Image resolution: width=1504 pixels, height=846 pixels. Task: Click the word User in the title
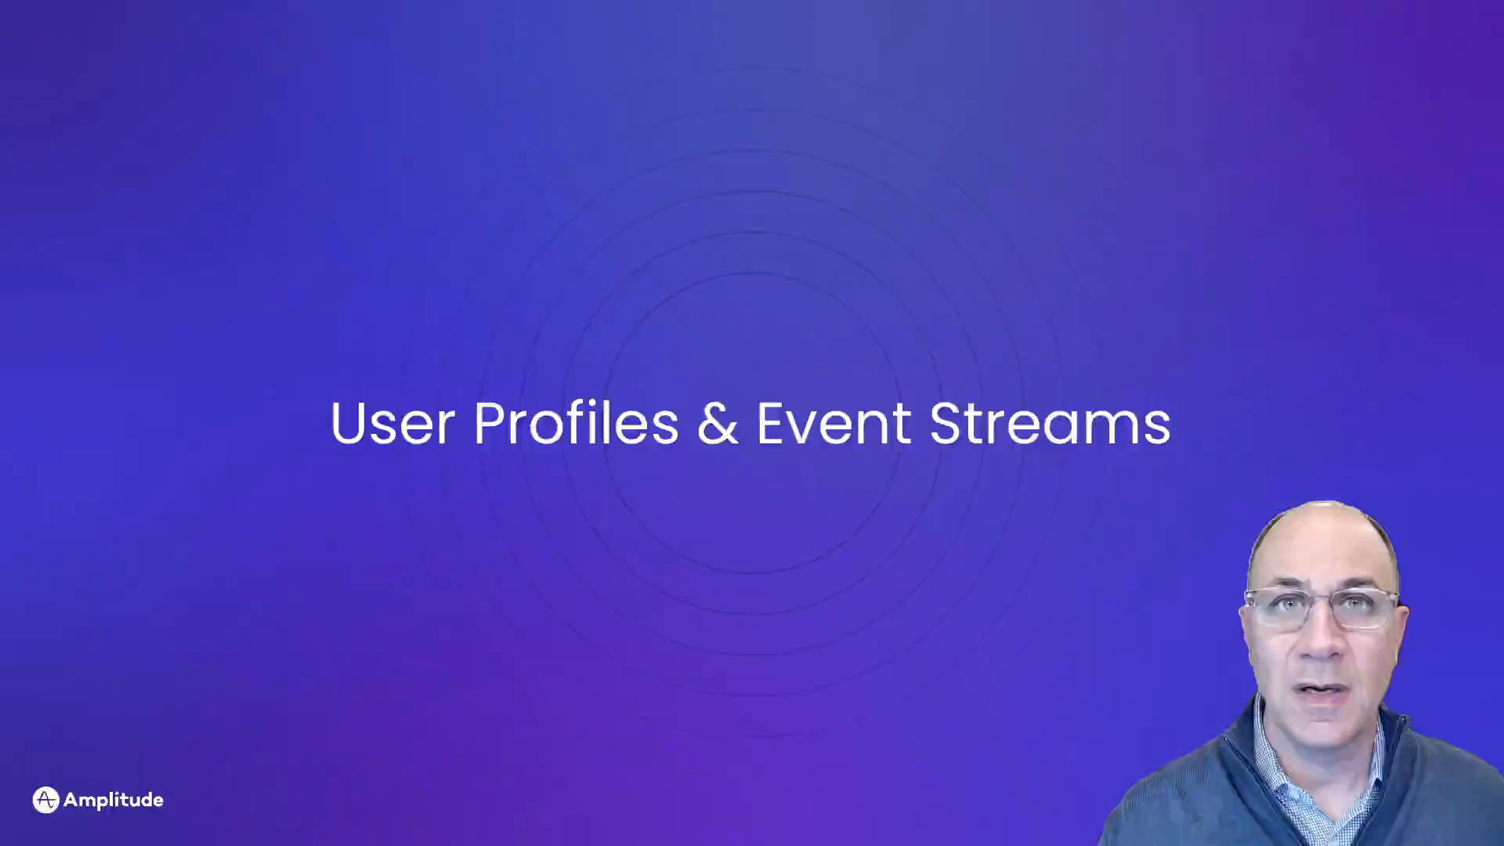click(x=392, y=423)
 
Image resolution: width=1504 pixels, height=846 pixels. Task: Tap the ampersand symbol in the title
click(x=718, y=423)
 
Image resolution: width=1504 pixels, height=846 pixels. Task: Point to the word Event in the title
click(x=833, y=423)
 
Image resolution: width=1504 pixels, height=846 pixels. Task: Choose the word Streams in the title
click(x=1050, y=423)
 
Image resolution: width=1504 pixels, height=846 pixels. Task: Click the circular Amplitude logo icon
click(x=46, y=800)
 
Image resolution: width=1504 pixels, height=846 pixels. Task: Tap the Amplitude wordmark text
click(x=114, y=800)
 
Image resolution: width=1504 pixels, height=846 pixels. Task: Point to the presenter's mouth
click(x=1322, y=691)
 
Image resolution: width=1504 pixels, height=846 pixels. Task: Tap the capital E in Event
click(x=771, y=423)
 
